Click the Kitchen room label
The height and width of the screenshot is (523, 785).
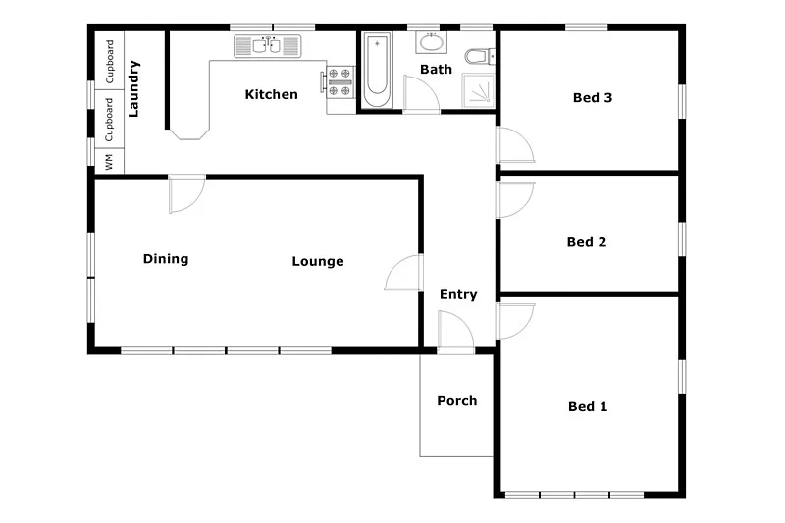[271, 95]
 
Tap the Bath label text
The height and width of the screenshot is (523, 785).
[436, 70]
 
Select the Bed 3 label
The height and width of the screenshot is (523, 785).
[593, 97]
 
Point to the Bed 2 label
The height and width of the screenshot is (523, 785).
[587, 242]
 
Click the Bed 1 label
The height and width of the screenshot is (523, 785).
[588, 406]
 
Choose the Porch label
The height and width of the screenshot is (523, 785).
[457, 400]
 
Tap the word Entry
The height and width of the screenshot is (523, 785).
[458, 294]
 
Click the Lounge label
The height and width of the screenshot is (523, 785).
[318, 261]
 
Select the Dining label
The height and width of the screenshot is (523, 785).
[166, 259]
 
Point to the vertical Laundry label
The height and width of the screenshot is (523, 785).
[134, 89]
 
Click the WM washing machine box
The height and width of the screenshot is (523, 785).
[109, 162]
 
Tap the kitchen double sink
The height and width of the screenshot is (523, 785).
[267, 45]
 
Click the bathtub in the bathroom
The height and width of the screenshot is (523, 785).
[377, 70]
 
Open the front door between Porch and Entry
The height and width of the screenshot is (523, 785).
[454, 331]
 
